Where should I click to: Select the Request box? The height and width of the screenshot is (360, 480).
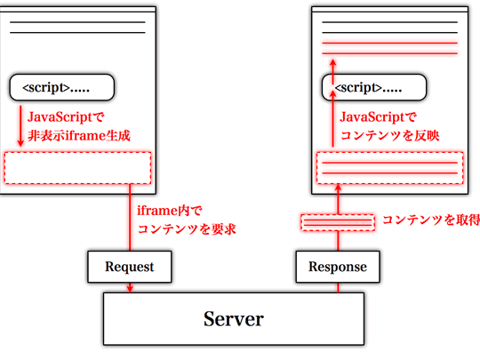point(129,266)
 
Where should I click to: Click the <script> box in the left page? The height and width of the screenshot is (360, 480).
point(62,87)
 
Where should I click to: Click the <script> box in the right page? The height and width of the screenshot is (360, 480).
point(374,87)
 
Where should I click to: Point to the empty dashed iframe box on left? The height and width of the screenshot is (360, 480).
point(78,167)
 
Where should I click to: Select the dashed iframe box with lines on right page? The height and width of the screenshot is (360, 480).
point(390,167)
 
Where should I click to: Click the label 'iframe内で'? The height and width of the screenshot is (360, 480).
point(171,210)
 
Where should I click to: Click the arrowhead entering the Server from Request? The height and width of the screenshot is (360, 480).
point(130,287)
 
